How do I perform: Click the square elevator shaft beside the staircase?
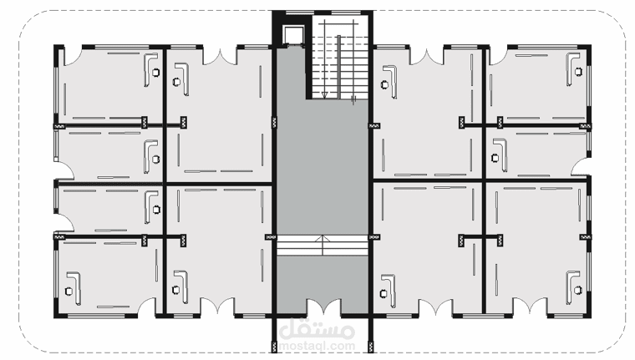coord(291,34)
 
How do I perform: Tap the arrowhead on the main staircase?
coord(324,95)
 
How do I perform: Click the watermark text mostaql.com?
coord(317,347)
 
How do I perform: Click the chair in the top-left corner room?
coord(155,73)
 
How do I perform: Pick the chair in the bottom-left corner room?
coord(69,291)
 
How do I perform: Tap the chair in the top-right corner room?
coord(578,72)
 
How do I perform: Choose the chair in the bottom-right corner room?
coord(577,290)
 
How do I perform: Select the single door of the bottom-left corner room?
coord(146,306)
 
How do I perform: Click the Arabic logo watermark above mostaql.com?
coord(317,329)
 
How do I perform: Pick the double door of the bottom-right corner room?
coord(530,307)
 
